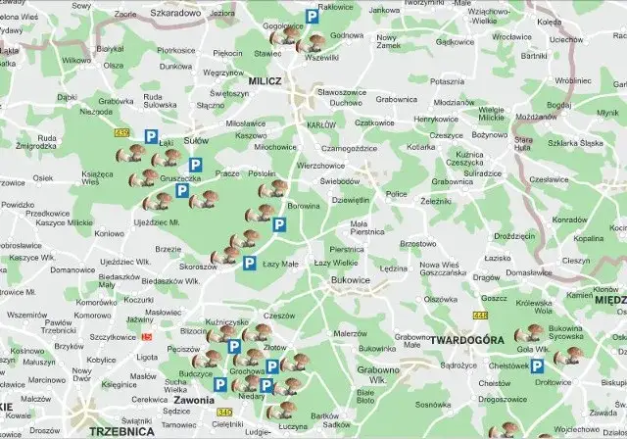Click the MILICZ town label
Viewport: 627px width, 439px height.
pos(265,83)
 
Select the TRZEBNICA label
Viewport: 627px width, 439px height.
pos(121,430)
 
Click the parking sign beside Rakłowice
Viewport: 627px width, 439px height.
pos(312,16)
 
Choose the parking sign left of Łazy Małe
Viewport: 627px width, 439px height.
pos(249,264)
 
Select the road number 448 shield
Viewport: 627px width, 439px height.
pos(479,315)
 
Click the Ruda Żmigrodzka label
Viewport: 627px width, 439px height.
pos(34,143)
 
